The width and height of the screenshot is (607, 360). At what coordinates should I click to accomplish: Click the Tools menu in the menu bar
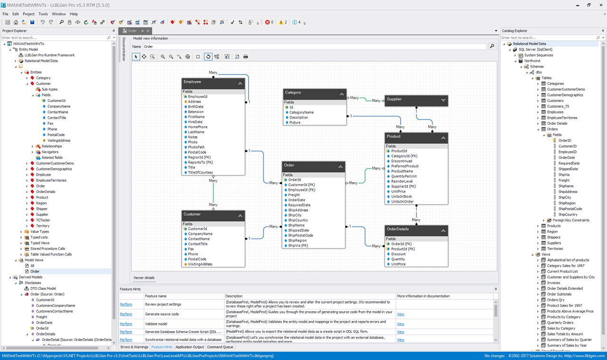[43, 14]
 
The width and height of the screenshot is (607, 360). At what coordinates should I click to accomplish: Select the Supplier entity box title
[394, 99]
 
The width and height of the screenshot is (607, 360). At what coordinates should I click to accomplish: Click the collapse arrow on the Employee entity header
[240, 83]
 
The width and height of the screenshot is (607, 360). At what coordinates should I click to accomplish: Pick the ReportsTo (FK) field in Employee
[200, 162]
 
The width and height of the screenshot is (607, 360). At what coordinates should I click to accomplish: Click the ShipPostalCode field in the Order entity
[301, 235]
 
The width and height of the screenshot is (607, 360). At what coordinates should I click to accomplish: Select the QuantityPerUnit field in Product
[404, 176]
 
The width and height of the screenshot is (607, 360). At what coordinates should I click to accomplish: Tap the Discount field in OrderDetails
[398, 254]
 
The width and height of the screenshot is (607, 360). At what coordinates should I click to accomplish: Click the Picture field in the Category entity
[295, 122]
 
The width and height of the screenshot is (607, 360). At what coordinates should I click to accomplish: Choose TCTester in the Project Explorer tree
[43, 220]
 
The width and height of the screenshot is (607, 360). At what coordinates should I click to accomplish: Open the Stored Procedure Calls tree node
[48, 249]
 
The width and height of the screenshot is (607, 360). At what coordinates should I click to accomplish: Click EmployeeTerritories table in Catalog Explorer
[562, 118]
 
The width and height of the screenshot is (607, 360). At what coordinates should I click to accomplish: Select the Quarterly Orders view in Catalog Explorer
[560, 323]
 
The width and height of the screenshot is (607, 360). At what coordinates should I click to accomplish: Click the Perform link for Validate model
[126, 324]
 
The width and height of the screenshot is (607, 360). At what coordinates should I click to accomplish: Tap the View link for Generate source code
[401, 314]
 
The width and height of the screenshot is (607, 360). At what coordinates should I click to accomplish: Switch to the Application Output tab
[190, 347]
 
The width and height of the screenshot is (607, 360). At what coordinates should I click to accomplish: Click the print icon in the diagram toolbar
[246, 56]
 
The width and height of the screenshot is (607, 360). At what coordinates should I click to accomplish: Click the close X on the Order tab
[147, 31]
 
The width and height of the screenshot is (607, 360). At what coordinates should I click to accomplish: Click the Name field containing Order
[314, 46]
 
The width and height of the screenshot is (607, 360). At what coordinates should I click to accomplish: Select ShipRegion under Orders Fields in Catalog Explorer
[567, 203]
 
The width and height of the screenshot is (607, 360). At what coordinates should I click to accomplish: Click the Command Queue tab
[220, 347]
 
